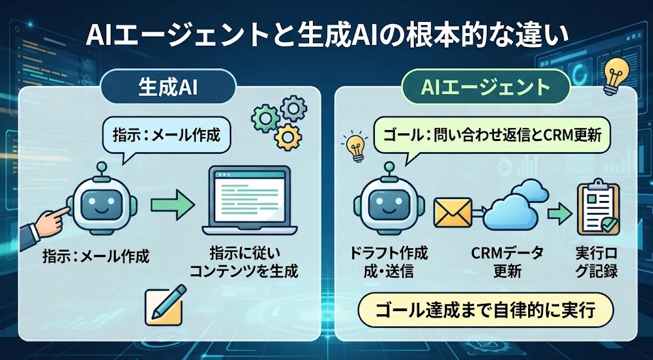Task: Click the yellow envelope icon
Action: pos(452,213)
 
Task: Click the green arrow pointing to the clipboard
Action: pos(559,214)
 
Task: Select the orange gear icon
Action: pos(289,137)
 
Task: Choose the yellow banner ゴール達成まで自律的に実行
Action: pos(486,311)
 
